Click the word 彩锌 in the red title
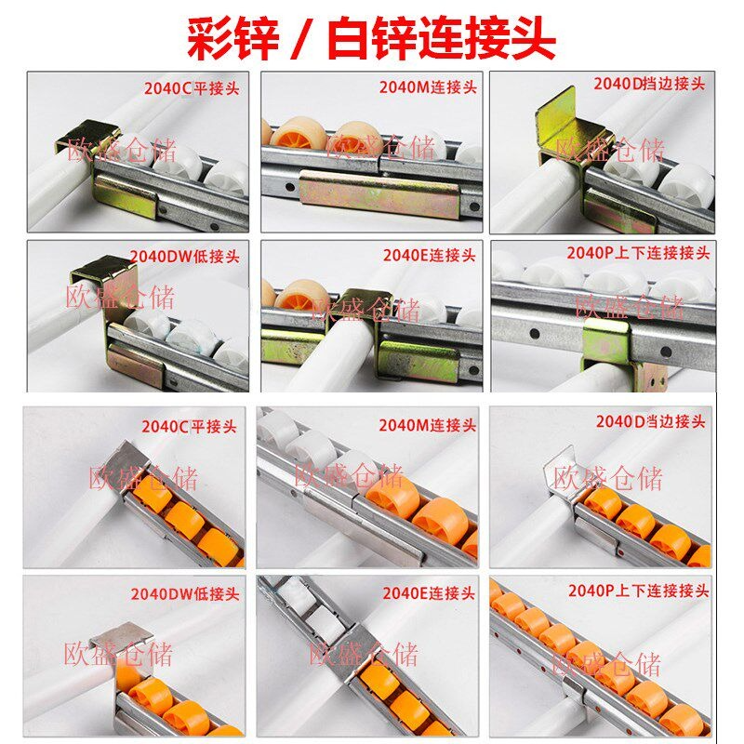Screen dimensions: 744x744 pos(232,39)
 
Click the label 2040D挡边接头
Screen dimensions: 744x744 pos(649,84)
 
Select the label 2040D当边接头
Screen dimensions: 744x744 pos(650,421)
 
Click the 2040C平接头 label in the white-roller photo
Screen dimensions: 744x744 pos(192,88)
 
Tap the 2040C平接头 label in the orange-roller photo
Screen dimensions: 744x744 pos(189,426)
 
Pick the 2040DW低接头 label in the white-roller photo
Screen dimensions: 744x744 pos(184,257)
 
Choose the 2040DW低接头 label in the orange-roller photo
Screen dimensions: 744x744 pos(185,593)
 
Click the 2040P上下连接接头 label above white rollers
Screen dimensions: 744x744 pos(638,253)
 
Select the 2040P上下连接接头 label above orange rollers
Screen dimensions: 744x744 pos(639,591)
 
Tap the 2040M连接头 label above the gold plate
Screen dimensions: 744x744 pos(428,87)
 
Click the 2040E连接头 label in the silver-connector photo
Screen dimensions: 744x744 pos(429,593)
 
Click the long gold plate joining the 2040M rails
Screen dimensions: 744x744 pos(379,194)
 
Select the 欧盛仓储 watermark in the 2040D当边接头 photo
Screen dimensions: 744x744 pos(608,478)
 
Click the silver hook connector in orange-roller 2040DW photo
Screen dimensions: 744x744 pos(119,638)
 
